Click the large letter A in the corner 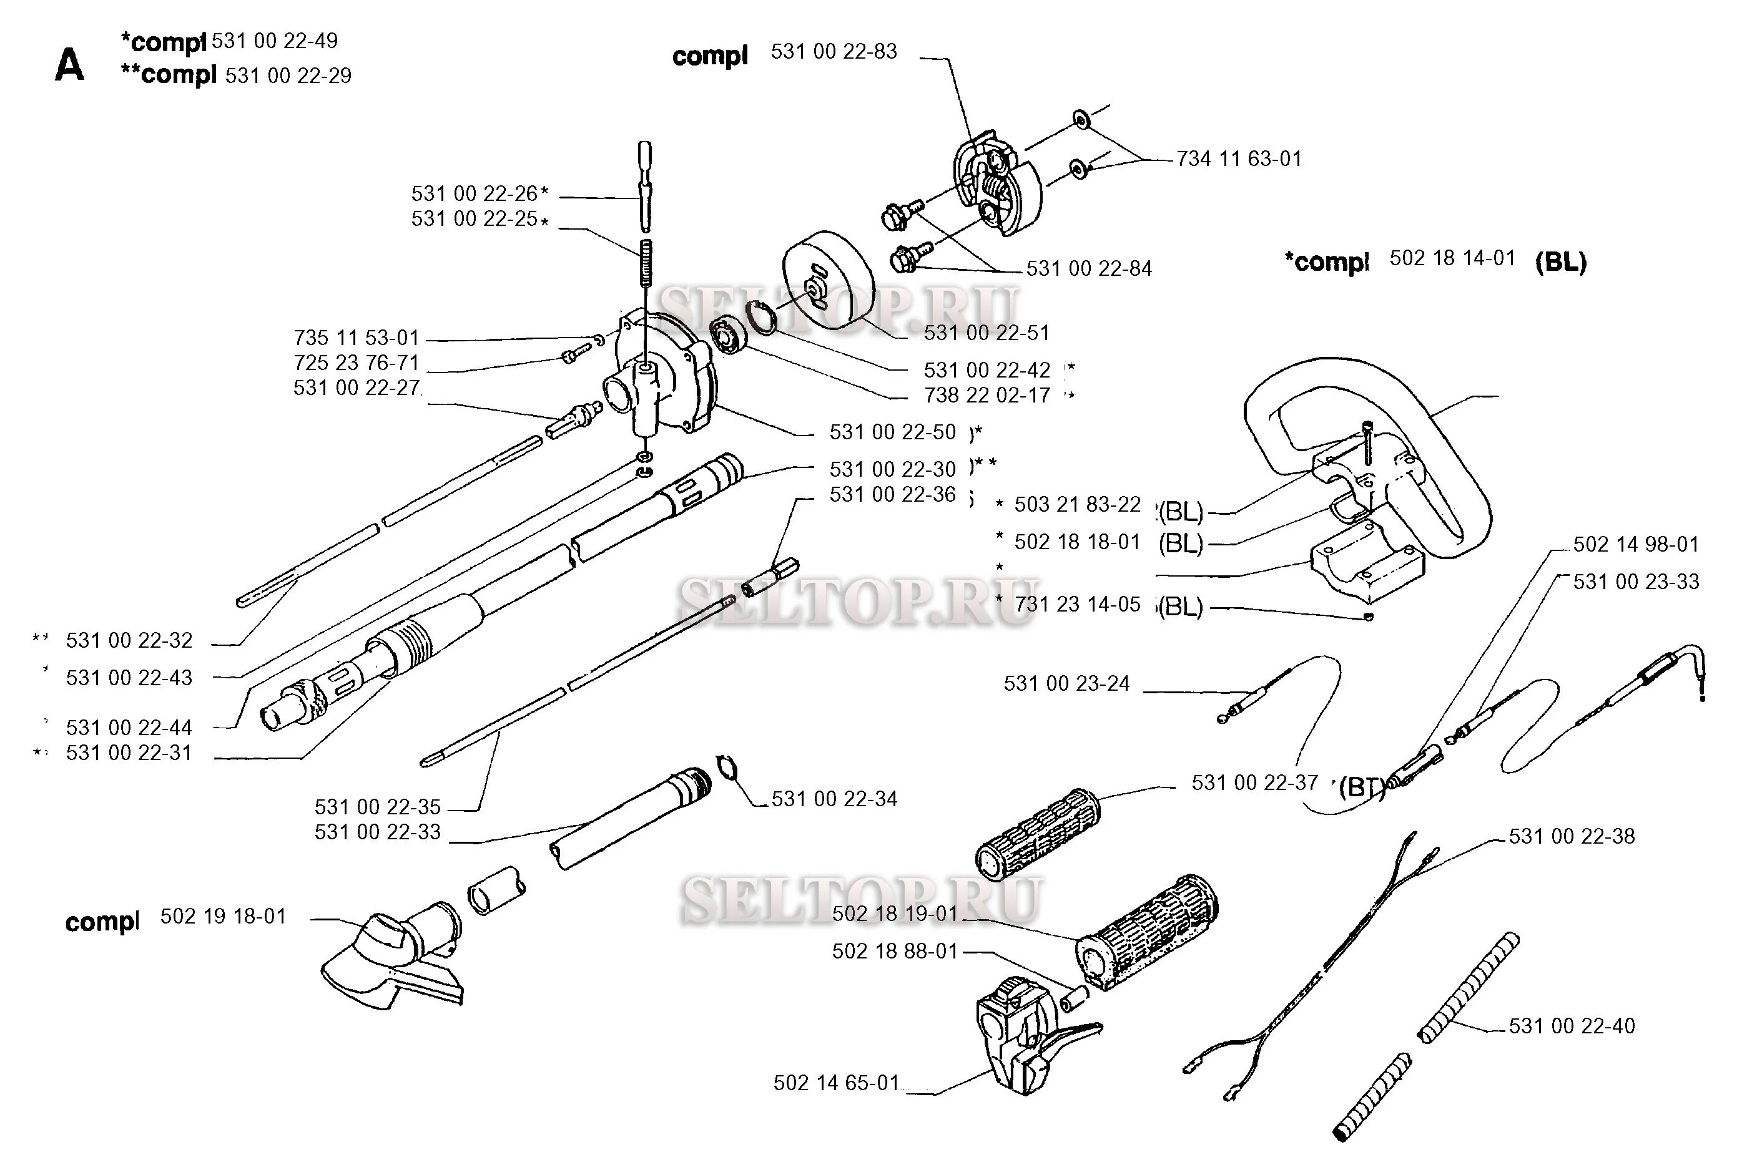(70, 65)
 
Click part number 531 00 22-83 (834, 52)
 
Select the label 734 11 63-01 (1239, 159)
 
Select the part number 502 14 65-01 (836, 1083)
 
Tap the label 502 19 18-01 (224, 917)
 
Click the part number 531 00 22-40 (1572, 1026)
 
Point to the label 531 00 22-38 (1572, 836)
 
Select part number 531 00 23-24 (1066, 683)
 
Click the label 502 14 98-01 (1636, 544)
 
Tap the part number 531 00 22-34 (834, 799)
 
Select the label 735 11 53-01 (356, 338)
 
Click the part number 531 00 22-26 (475, 193)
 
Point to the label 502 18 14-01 (1452, 258)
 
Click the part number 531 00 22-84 (1089, 268)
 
